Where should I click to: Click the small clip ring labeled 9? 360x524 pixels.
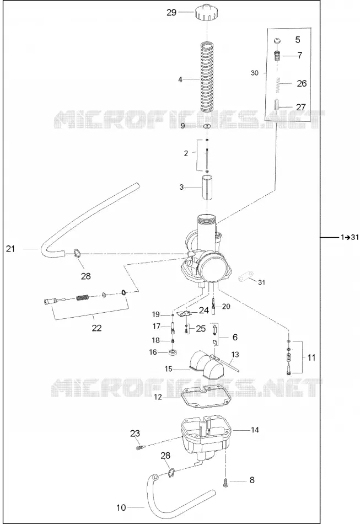point(207,126)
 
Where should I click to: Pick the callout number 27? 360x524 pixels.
point(301,107)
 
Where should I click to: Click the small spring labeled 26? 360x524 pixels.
point(277,83)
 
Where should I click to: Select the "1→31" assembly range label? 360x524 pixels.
point(350,237)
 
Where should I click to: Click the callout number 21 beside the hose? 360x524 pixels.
point(10,249)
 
